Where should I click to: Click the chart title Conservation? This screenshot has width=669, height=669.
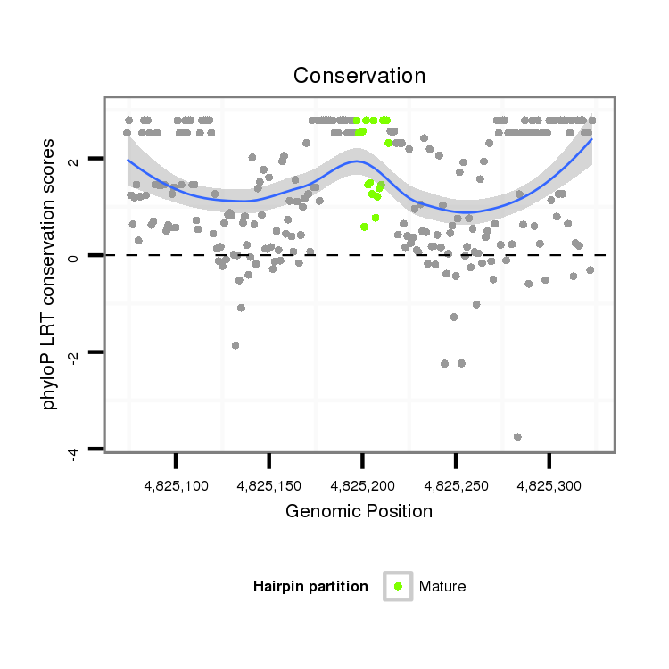click(x=359, y=75)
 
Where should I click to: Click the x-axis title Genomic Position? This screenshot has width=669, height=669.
click(x=359, y=511)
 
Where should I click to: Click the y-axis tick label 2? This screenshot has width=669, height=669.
click(x=74, y=160)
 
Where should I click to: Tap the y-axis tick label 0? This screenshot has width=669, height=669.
click(x=74, y=256)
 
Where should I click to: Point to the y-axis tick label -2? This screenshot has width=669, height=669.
click(x=74, y=354)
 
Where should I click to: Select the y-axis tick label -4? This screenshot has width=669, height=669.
click(x=74, y=451)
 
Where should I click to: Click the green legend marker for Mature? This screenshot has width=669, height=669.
click(x=398, y=586)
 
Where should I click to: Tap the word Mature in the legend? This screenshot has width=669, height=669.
click(x=442, y=586)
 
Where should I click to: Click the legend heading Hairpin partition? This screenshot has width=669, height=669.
click(x=310, y=586)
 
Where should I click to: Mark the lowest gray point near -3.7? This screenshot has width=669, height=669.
click(x=517, y=436)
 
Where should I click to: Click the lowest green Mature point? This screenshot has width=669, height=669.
click(x=364, y=227)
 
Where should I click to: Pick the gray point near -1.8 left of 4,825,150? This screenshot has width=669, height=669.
click(x=235, y=345)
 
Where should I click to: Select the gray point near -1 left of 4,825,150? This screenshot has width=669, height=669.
click(x=241, y=308)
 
